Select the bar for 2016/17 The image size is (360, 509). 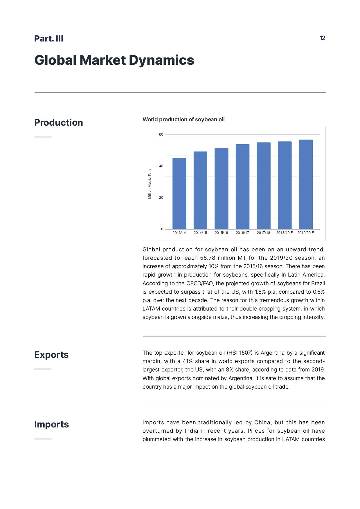tap(242, 187)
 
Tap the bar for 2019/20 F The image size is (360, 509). tap(306, 184)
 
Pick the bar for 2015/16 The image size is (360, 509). tap(221, 188)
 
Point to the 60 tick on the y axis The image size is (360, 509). tap(161, 134)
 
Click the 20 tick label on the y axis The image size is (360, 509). tap(161, 198)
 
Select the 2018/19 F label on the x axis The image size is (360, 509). tap(284, 233)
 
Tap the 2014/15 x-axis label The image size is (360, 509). tap(200, 233)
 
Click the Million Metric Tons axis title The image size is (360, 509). tap(150, 184)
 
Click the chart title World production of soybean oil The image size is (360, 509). tap(183, 119)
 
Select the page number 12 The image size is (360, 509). tap(322, 38)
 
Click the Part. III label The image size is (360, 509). tap(49, 39)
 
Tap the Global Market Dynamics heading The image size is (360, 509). tap(114, 60)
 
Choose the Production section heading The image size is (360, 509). tap(59, 122)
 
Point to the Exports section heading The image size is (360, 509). tap(51, 355)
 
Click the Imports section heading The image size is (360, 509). tap(51, 424)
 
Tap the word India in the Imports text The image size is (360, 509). tap(191, 431)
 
